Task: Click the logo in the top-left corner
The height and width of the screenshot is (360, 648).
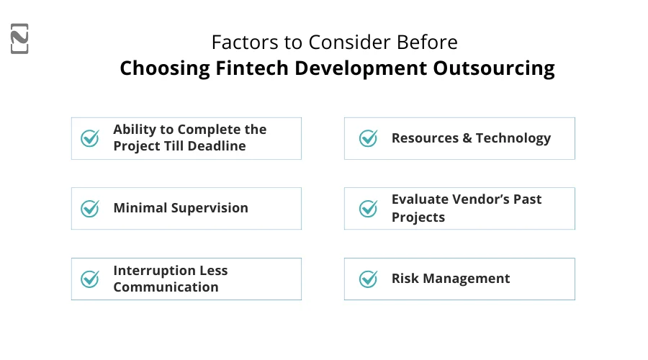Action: [x=20, y=39]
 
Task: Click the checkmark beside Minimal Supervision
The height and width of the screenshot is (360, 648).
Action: [x=90, y=208]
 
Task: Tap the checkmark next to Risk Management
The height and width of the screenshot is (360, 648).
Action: [x=368, y=279]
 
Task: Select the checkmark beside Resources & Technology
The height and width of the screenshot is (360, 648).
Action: [x=368, y=138]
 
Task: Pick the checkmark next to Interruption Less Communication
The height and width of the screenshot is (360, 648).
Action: [x=90, y=279]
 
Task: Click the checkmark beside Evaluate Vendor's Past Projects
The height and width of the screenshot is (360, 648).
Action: [x=368, y=208]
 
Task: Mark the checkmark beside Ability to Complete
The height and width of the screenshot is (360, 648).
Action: [x=90, y=138]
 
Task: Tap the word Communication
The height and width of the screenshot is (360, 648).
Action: [x=166, y=287]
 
